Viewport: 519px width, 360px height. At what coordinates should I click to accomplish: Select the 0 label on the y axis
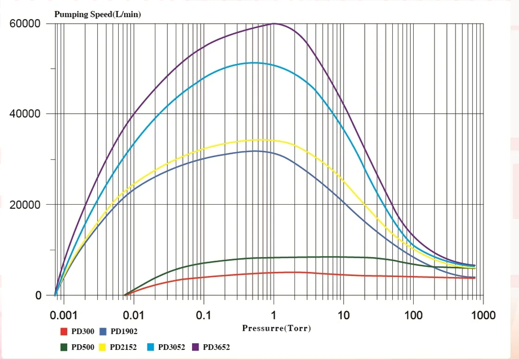point(38,295)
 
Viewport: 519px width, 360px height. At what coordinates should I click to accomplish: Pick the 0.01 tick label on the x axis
point(134,316)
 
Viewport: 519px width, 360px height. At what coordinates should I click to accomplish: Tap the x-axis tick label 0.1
point(203,316)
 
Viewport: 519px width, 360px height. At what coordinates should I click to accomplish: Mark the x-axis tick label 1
point(274,316)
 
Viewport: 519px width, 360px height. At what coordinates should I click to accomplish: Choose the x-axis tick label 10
point(343,316)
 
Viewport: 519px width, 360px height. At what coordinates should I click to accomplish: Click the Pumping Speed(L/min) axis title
point(98,14)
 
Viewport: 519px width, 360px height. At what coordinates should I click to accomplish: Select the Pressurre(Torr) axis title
point(276,328)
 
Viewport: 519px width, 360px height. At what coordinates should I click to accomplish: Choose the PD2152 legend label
point(123,347)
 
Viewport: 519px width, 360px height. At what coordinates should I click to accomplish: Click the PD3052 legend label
point(172,347)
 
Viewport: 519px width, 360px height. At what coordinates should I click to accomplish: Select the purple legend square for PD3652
point(196,347)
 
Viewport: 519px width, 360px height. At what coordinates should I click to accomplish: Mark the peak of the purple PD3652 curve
point(274,23)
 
